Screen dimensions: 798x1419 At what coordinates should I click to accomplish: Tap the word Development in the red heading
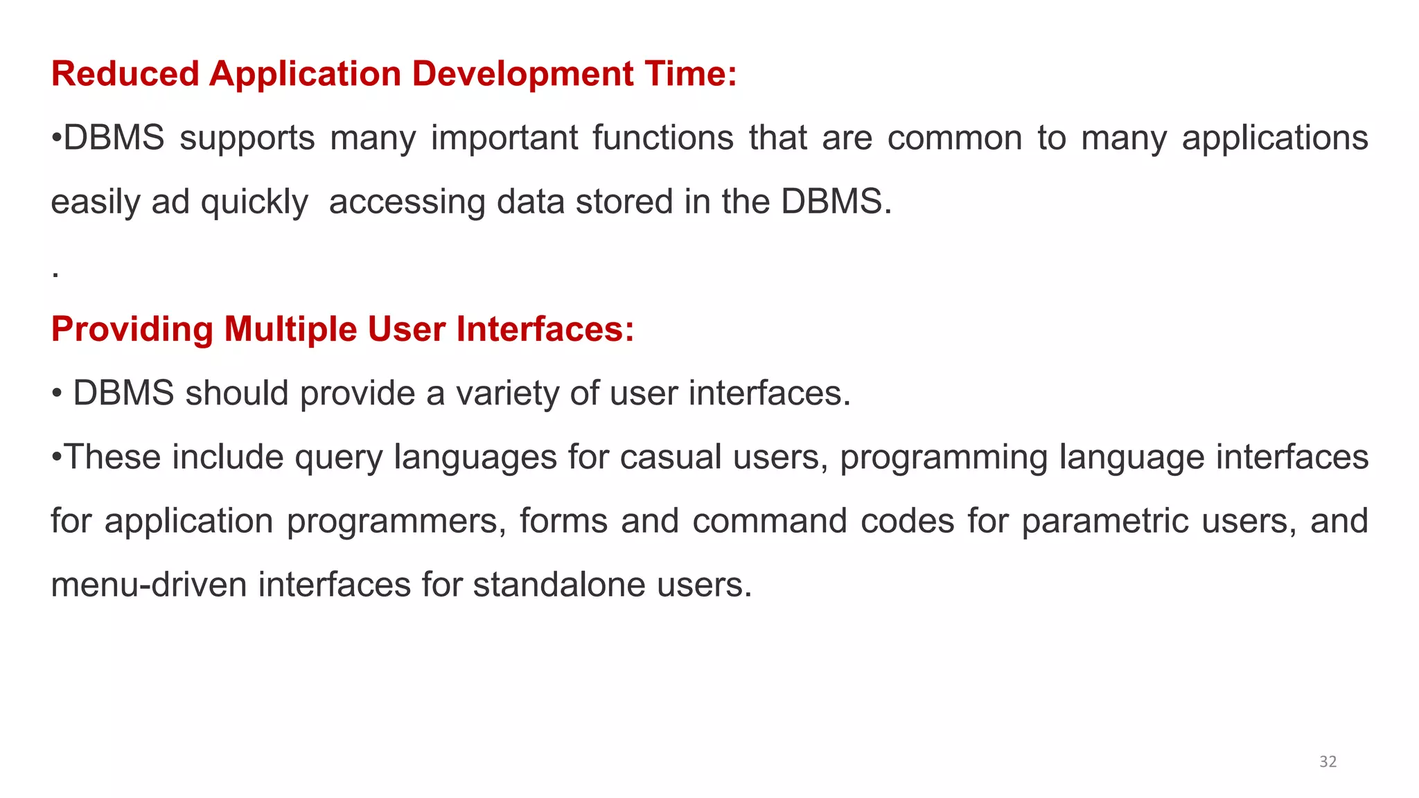[523, 74]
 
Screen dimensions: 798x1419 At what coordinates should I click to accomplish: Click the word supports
[247, 139]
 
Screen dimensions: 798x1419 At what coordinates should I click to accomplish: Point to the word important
[504, 139]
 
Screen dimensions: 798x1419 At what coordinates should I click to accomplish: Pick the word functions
[663, 138]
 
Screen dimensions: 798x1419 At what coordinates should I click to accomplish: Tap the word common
[955, 138]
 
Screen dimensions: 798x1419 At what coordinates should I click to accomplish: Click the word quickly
[254, 202]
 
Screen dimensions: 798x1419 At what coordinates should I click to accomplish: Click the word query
[338, 458]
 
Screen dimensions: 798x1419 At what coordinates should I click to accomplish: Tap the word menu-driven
[149, 585]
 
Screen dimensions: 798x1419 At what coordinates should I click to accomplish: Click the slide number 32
[1328, 762]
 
